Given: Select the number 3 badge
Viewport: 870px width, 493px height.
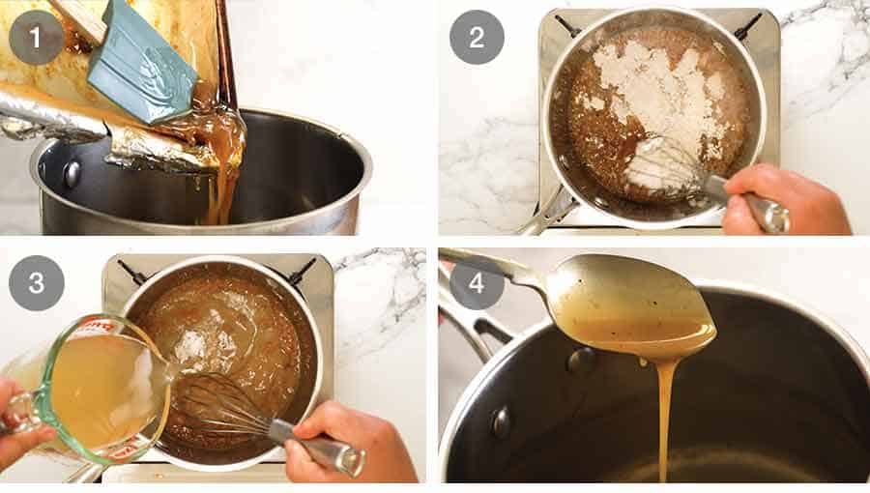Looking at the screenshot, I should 37,282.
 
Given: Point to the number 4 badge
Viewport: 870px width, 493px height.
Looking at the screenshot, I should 476,282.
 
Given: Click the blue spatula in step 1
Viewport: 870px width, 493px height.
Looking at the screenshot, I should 145,63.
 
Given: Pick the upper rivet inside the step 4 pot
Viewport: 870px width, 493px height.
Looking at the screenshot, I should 581,361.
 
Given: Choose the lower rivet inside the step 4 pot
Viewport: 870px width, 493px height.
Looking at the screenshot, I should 502,421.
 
